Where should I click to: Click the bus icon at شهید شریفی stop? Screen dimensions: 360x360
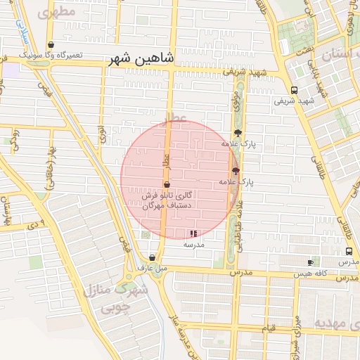coord(293,90)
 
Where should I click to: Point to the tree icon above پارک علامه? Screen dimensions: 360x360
coord(238,133)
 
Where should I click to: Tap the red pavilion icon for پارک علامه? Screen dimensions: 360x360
coord(235,171)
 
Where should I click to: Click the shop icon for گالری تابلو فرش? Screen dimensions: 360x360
coord(166,184)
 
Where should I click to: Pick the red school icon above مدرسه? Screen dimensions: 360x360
coord(193,233)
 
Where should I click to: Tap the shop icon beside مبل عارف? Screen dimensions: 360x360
coord(152,257)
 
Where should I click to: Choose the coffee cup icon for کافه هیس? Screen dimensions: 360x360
coord(310,262)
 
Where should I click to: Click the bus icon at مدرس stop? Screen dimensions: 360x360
coord(349,251)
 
